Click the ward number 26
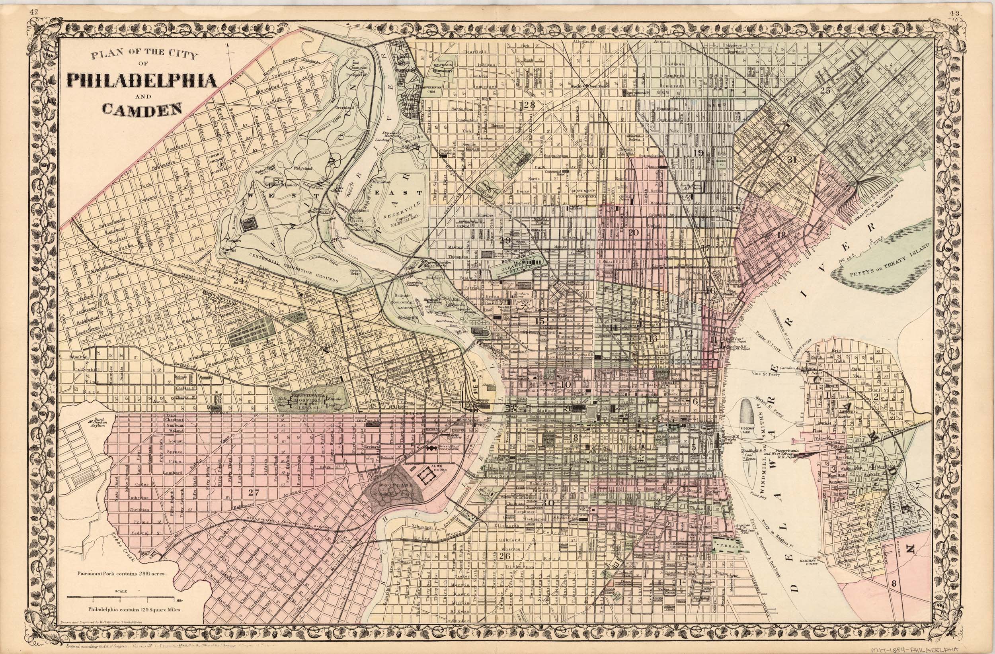click(x=505, y=556)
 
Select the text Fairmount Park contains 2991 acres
click(x=122, y=574)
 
